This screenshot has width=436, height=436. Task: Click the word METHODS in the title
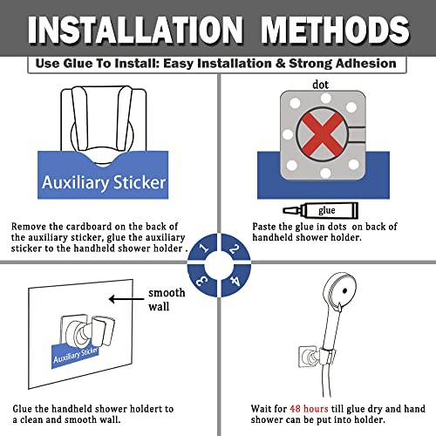336,30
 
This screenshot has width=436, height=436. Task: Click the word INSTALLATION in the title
135,30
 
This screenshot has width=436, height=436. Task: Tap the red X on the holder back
322,134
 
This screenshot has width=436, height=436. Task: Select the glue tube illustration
321,210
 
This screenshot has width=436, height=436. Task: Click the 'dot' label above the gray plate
320,85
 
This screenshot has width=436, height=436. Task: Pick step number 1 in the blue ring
204,248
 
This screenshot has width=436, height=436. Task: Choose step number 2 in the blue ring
235,249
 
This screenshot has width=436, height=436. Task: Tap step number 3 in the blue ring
202,281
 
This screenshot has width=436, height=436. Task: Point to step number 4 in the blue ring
235,281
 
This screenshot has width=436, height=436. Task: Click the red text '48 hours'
309,409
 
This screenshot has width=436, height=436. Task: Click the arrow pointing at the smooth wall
126,299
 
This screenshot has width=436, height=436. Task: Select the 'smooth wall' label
167,299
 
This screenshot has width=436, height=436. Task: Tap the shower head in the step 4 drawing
339,290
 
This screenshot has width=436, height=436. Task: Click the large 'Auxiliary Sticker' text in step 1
104,182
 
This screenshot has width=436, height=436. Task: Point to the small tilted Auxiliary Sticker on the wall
75,356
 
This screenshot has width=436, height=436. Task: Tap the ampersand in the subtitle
280,64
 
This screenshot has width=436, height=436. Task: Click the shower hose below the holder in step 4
325,378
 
